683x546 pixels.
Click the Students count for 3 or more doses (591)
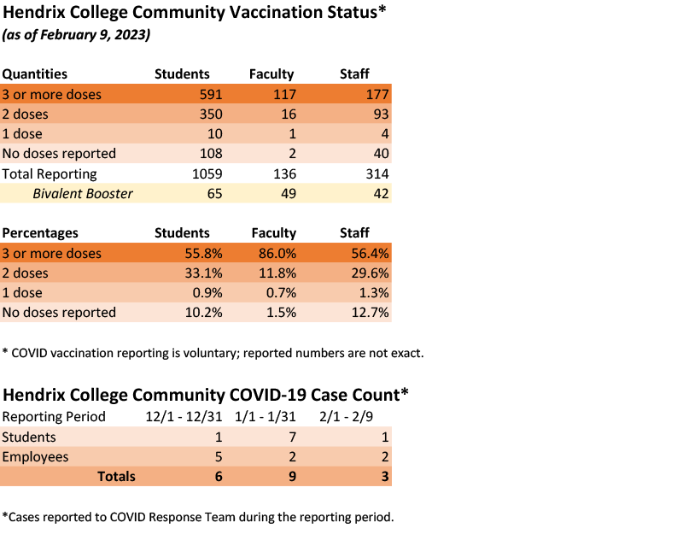210,94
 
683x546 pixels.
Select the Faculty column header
271,74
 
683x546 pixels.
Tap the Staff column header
354,74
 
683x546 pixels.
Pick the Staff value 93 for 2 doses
381,114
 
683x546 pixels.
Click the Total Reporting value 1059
206,173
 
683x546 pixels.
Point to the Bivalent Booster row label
83,193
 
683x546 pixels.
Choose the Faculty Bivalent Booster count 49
288,193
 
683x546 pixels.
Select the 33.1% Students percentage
204,273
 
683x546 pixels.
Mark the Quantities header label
35,74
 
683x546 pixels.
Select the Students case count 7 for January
292,437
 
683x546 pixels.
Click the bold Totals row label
116,476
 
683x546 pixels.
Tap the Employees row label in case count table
36,456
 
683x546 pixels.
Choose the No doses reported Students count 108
210,154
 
